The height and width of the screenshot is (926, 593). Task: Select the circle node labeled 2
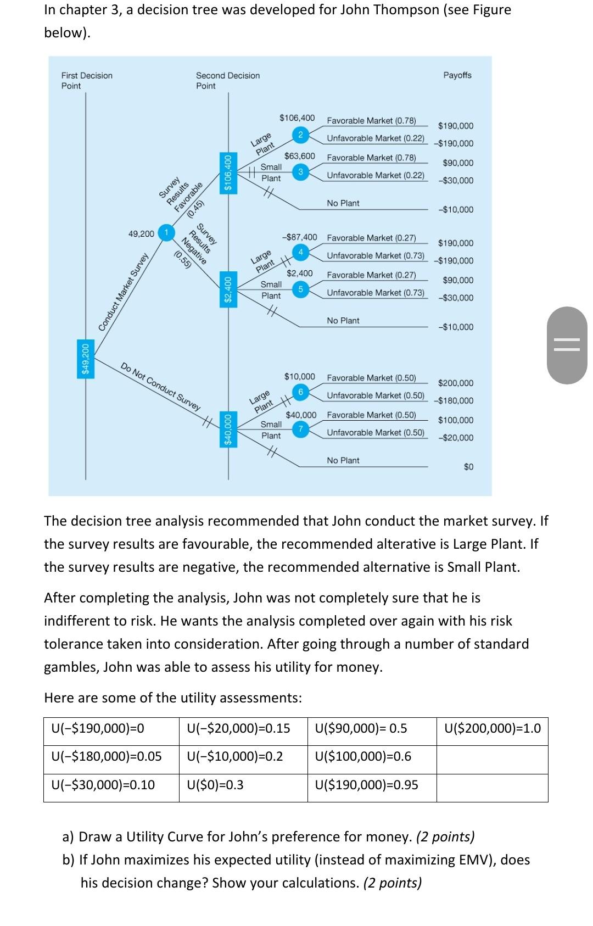pyautogui.click(x=300, y=135)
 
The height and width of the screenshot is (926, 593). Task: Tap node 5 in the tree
pyautogui.click(x=300, y=289)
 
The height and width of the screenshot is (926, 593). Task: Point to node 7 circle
pyautogui.click(x=300, y=429)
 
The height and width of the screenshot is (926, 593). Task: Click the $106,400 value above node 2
pyautogui.click(x=297, y=118)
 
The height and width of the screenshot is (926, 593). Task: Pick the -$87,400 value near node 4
pyautogui.click(x=299, y=237)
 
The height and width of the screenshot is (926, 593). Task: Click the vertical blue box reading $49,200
pyautogui.click(x=85, y=359)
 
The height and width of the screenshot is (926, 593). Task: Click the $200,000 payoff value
pyautogui.click(x=455, y=383)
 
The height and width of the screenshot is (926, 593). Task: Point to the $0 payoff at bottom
pyautogui.click(x=468, y=467)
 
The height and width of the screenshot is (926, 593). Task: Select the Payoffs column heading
pyautogui.click(x=457, y=75)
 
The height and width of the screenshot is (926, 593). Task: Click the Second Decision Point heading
pyautogui.click(x=227, y=80)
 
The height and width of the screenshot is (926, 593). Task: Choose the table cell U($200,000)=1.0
pyautogui.click(x=493, y=729)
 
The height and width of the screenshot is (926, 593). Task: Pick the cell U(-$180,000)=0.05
pyautogui.click(x=107, y=757)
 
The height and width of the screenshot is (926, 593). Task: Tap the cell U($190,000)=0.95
pyautogui.click(x=367, y=785)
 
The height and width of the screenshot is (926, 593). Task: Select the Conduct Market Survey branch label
pyautogui.click(x=124, y=292)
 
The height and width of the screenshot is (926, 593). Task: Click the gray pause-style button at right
pyautogui.click(x=567, y=344)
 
